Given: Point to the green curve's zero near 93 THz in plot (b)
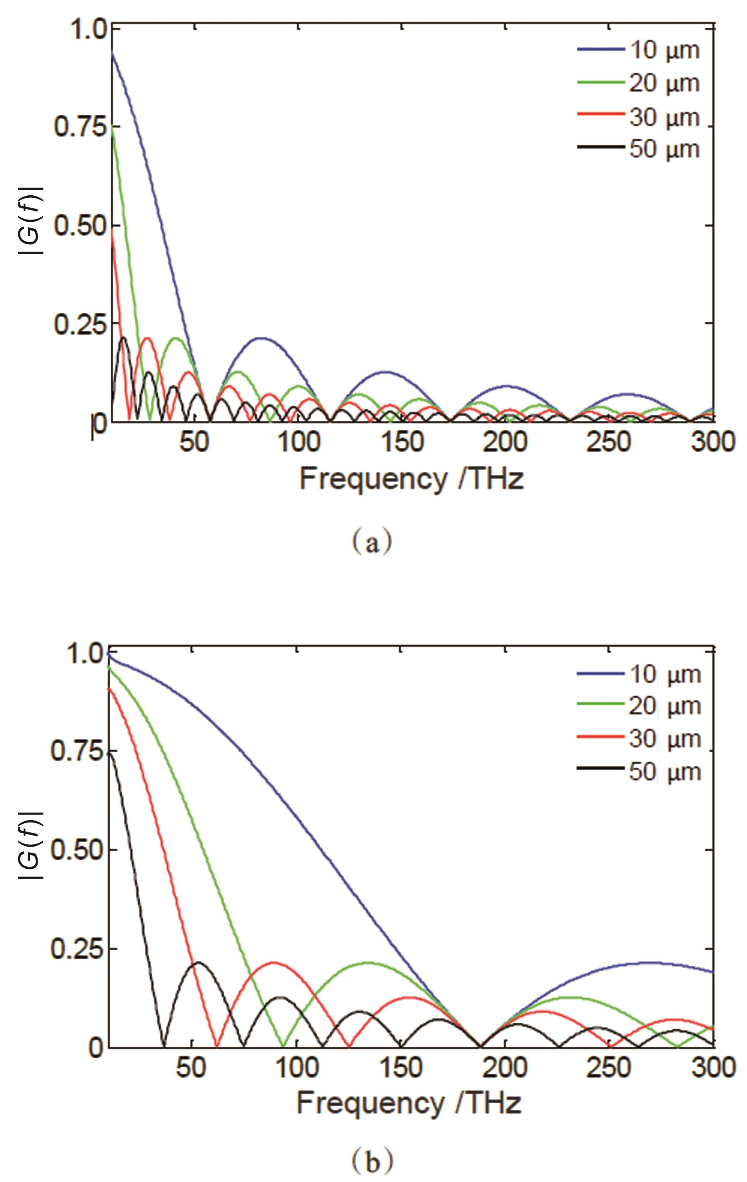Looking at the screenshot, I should pyautogui.click(x=283, y=1046).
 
